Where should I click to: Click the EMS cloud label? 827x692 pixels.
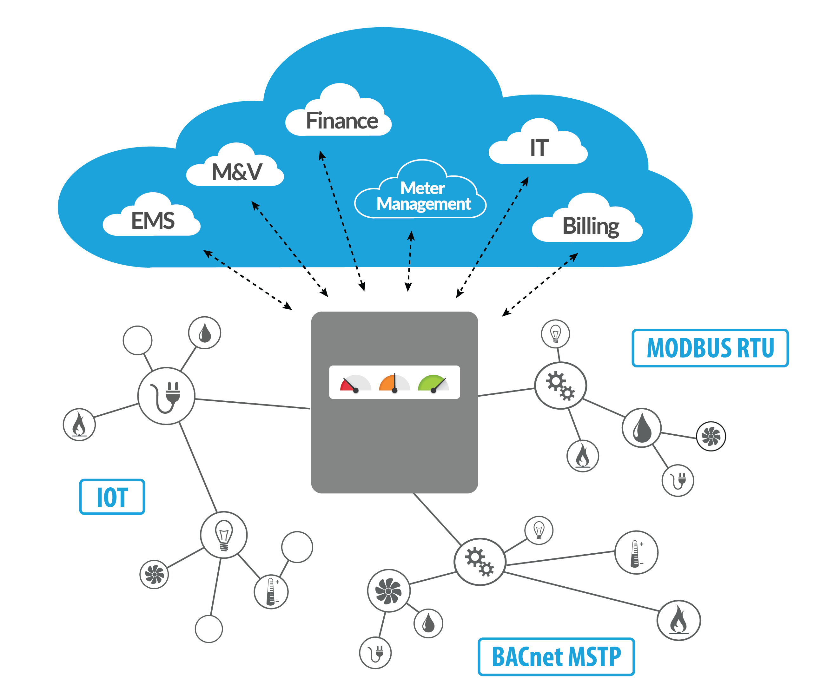153,221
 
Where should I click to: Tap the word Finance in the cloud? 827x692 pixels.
342,121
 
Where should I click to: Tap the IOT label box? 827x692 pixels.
112,497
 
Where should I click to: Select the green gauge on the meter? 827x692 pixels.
433,383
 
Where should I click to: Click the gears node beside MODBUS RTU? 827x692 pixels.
560,386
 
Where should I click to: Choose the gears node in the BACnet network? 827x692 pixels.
479,562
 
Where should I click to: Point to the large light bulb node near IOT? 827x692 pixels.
224,535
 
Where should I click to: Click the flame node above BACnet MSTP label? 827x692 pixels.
678,620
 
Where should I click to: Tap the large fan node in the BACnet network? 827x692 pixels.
389,590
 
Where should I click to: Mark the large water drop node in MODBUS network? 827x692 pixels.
642,428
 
